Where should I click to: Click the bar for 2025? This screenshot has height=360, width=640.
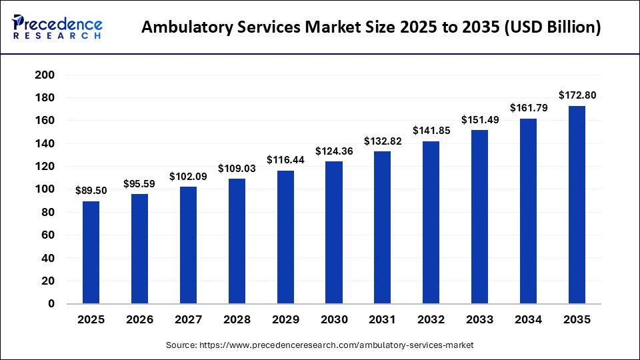pos(91,252)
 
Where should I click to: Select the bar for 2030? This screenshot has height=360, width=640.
pos(334,232)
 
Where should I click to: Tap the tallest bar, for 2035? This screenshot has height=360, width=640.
pos(577,205)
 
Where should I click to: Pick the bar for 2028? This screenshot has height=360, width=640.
pos(237,241)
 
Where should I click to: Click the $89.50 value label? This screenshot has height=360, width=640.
pos(91,190)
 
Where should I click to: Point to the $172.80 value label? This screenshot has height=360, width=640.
pos(577,95)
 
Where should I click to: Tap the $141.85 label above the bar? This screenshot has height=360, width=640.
pos(431,130)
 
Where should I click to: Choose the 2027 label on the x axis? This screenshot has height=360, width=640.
pos(188,320)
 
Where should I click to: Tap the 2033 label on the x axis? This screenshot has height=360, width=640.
pos(480,320)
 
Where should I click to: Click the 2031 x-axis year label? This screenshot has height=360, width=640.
pos(383,320)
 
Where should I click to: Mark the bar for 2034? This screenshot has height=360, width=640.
pos(529,211)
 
